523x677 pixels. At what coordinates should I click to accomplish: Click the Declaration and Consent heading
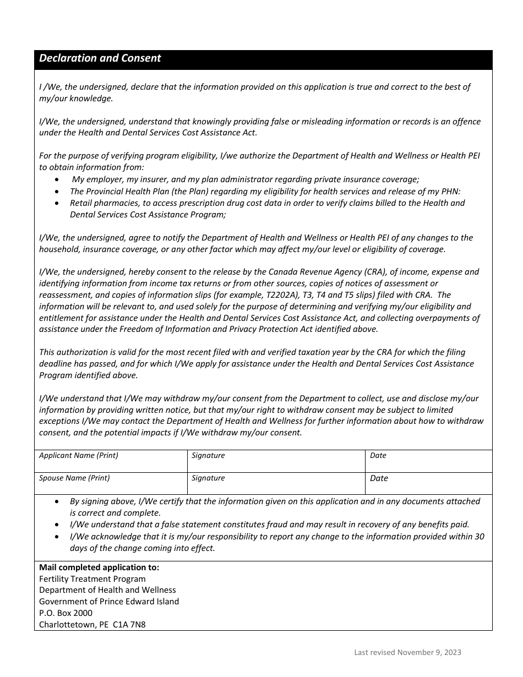(100, 58)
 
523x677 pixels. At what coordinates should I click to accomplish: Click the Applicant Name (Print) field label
(78, 455)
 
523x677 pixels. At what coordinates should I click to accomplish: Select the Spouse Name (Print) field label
(74, 478)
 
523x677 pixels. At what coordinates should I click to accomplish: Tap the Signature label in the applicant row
(208, 455)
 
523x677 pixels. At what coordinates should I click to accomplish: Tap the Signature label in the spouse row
(208, 478)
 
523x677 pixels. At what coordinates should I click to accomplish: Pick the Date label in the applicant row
(378, 455)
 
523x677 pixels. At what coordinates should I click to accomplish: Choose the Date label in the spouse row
(379, 478)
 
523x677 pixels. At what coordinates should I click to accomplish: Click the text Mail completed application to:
(99, 567)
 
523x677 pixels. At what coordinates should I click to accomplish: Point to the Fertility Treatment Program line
(92, 579)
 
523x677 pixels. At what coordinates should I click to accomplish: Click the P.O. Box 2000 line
(66, 613)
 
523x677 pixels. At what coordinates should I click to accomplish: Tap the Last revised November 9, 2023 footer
(407, 653)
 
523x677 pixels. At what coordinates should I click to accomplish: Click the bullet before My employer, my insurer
(59, 179)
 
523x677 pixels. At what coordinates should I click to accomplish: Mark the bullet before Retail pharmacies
(59, 203)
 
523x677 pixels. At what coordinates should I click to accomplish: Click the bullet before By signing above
(59, 501)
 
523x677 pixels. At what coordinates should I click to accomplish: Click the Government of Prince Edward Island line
(109, 602)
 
